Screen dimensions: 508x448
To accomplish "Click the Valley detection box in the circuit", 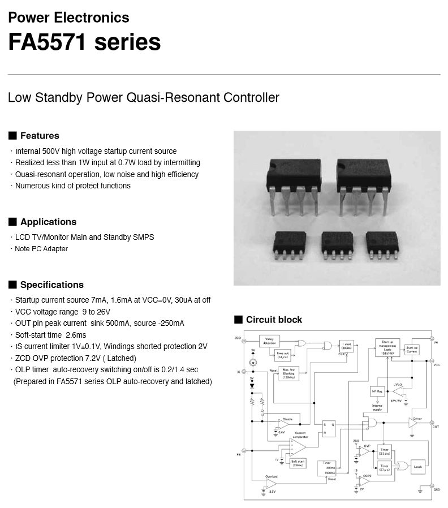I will pyautogui.click(x=269, y=341).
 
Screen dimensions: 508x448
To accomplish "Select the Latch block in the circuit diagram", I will pyautogui.click(x=417, y=467).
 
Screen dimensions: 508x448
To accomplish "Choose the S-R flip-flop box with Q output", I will pyautogui.click(x=329, y=428).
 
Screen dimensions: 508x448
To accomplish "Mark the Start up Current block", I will pyautogui.click(x=411, y=350).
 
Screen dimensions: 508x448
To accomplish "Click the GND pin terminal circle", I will pyautogui.click(x=433, y=488).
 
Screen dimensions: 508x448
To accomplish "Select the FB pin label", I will pyautogui.click(x=238, y=454).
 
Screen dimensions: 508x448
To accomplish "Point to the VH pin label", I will pyautogui.click(x=436, y=342).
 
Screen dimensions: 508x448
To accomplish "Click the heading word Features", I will pyautogui.click(x=40, y=136).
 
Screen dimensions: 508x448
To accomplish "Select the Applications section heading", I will pyautogui.click(x=48, y=222).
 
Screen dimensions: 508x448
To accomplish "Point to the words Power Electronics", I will pyautogui.click(x=68, y=18).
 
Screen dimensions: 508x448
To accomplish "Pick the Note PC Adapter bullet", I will pyautogui.click(x=41, y=249).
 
